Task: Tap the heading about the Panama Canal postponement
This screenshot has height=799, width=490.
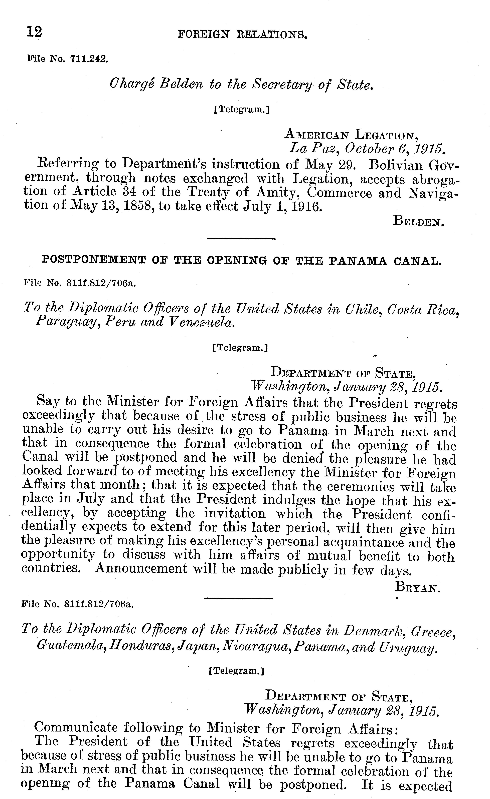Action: (x=242, y=260)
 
